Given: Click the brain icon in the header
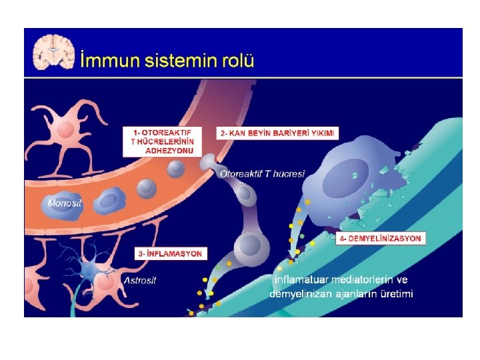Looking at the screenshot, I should (55, 51).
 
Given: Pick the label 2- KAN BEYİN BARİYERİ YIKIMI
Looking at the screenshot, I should (279, 133).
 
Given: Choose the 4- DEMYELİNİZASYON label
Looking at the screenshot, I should (381, 238).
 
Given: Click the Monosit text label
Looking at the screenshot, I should (65, 203).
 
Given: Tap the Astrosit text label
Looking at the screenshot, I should (140, 280).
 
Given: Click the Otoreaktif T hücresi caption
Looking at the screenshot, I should (262, 174).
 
